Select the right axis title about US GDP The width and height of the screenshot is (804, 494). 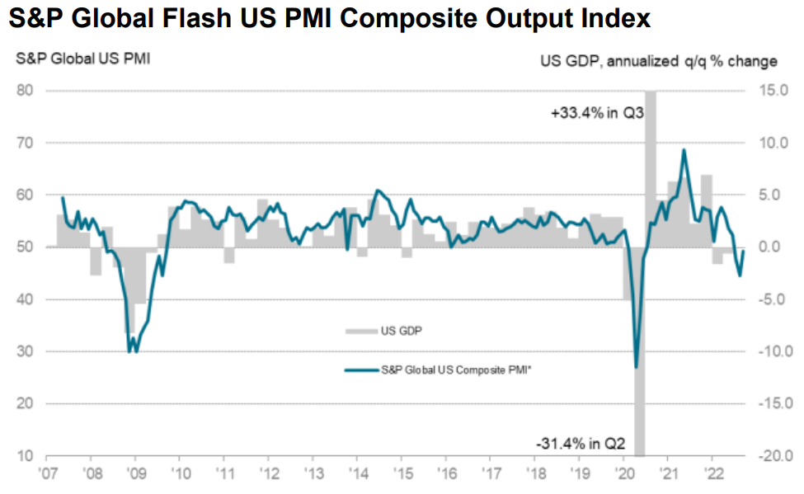click(x=658, y=61)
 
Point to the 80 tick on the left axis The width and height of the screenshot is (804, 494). click(x=27, y=91)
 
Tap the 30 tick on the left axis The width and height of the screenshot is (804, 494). click(x=27, y=352)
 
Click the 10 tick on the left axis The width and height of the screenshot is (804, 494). click(x=27, y=456)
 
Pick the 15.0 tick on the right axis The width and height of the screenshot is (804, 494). click(x=773, y=91)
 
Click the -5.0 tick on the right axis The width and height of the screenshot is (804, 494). click(x=773, y=299)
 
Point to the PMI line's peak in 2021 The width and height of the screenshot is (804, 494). click(x=684, y=150)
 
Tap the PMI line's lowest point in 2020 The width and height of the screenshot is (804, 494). click(x=636, y=367)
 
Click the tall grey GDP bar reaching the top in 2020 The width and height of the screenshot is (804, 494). click(x=651, y=165)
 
